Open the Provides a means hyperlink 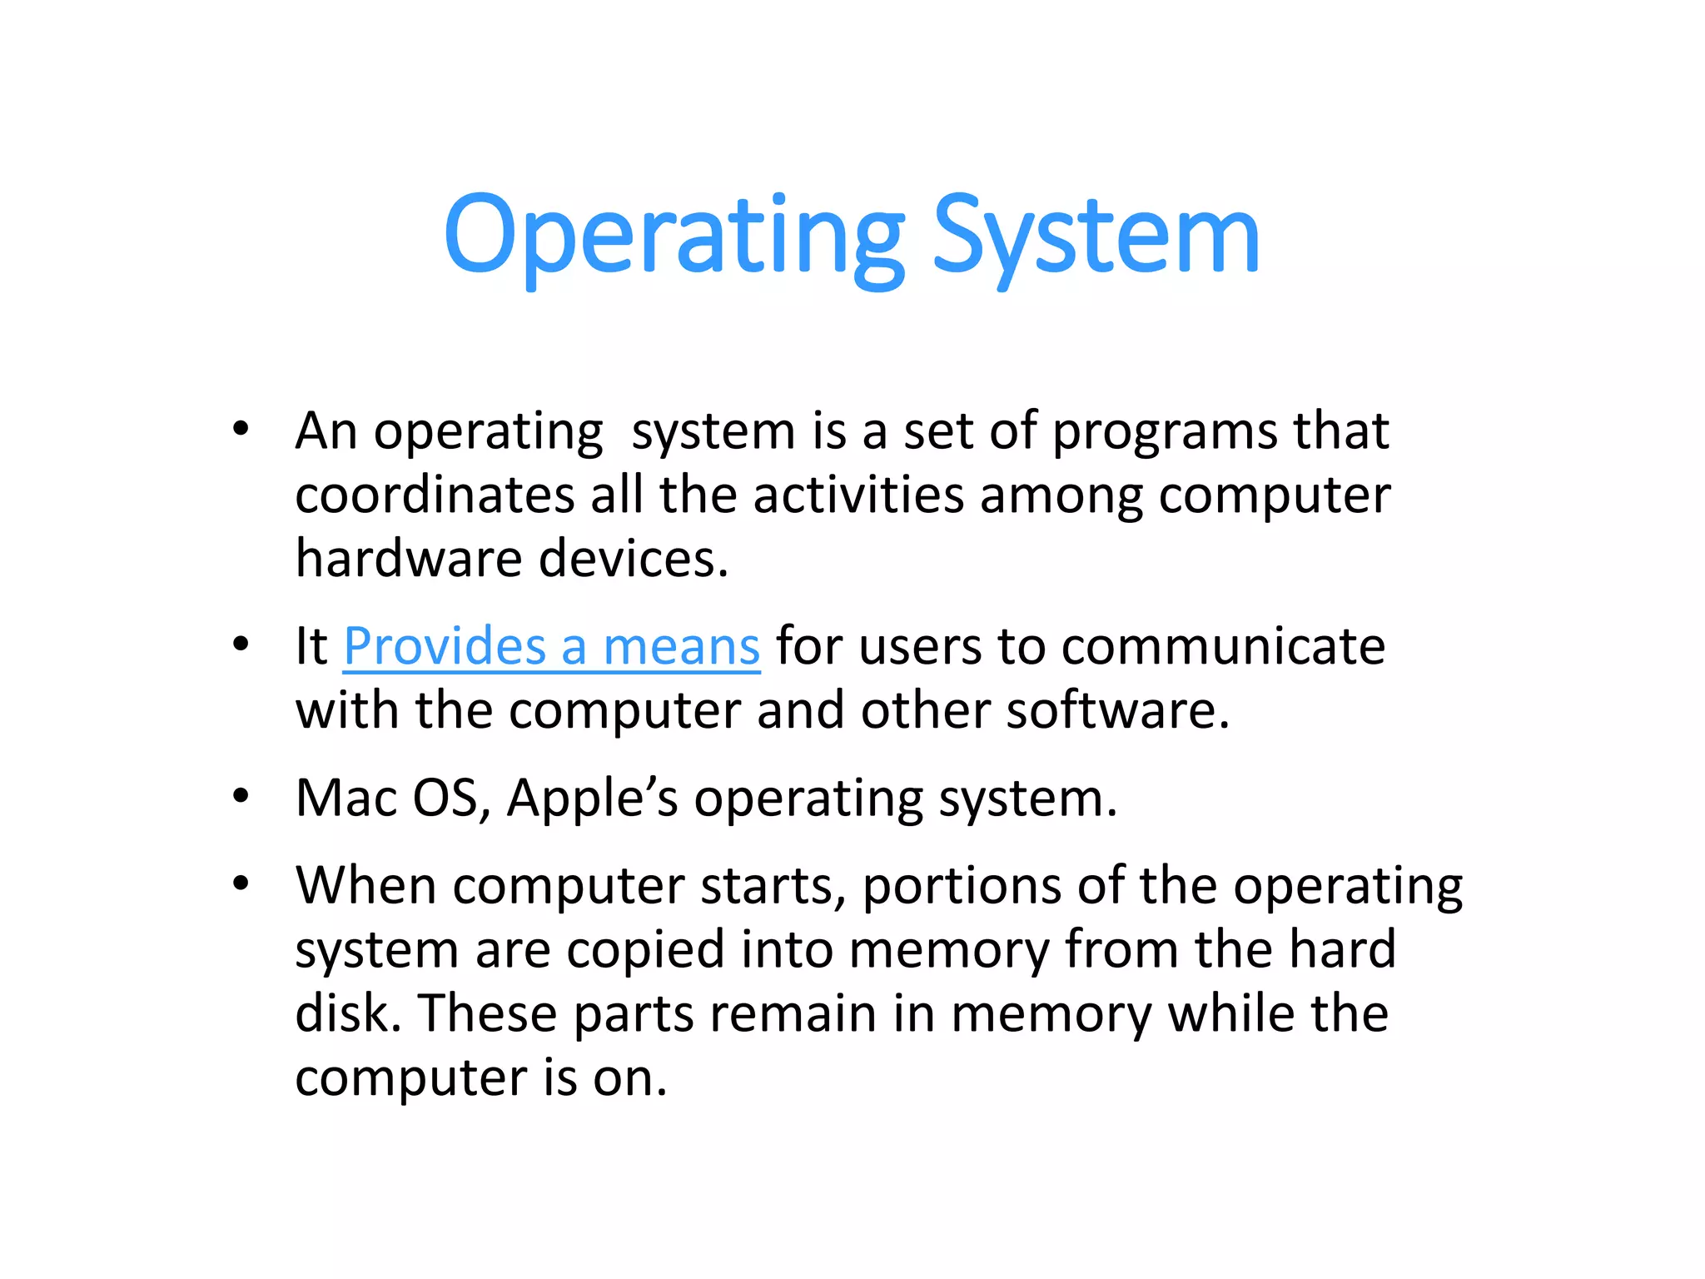[x=551, y=647]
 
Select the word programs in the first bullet [x=1165, y=433]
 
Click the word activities [x=858, y=495]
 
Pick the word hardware [x=408, y=559]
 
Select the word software [x=1116, y=711]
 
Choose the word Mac [x=346, y=799]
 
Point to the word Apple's [x=592, y=799]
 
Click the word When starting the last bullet [x=365, y=886]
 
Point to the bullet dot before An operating [x=241, y=430]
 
